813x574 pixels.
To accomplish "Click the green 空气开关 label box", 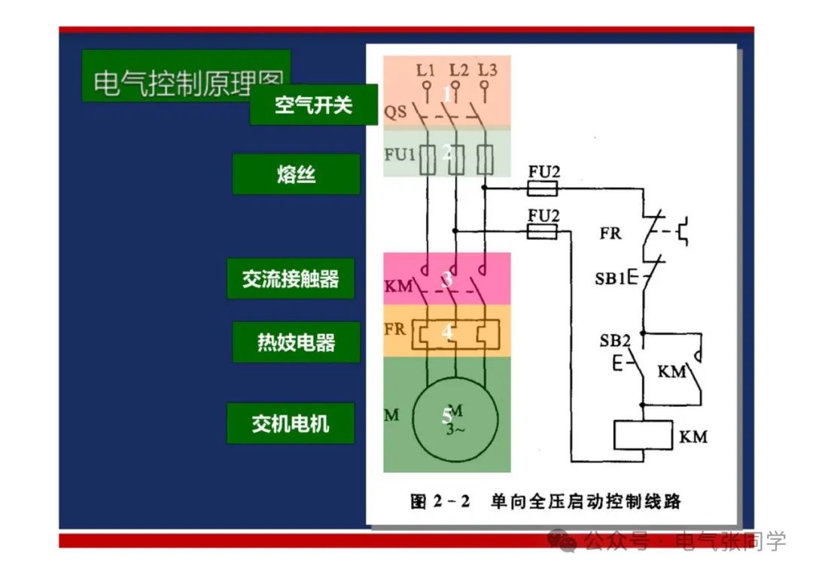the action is click(313, 105).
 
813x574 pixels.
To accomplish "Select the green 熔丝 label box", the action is click(296, 175).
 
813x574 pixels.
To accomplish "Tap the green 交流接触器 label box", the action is click(291, 279).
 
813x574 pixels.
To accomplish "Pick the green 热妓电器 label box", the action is click(296, 343).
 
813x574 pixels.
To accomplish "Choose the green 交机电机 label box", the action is click(291, 423).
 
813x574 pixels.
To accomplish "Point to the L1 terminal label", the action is click(425, 71).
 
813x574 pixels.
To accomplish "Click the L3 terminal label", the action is click(487, 71).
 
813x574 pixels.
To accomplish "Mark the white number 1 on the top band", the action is click(447, 95).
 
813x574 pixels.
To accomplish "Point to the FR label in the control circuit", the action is click(611, 233).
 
